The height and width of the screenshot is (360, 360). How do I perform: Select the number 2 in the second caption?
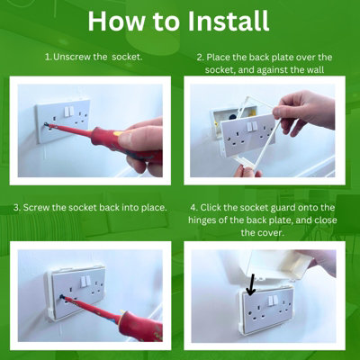pos(199,57)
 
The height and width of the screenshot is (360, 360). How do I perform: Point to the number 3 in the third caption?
pos(16,208)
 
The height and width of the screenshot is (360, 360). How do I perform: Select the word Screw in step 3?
pos(39,208)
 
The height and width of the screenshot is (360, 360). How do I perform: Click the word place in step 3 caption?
pos(151,208)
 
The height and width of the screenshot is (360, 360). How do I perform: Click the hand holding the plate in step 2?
pos(310,112)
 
